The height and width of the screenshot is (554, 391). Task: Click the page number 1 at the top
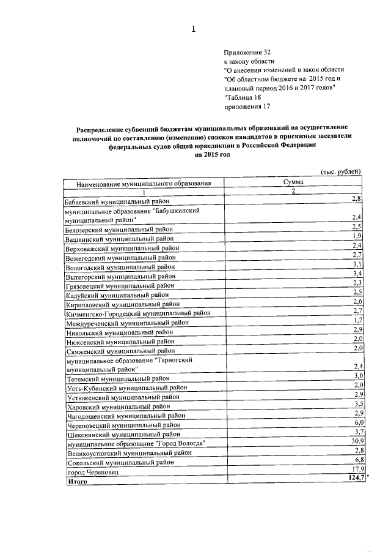[x=194, y=28]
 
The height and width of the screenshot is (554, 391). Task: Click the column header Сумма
[x=293, y=182]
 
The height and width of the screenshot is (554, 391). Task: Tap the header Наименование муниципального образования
[x=144, y=183]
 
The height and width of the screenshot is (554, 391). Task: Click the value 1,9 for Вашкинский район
[x=358, y=236]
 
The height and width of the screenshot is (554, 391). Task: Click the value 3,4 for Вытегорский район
[x=358, y=272]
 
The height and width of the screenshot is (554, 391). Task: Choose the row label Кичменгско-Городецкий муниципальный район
[x=138, y=313]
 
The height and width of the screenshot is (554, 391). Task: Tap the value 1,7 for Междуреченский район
[x=359, y=320]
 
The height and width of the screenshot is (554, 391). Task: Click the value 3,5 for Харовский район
[x=359, y=405]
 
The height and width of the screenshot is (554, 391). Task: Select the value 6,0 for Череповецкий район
[x=359, y=422]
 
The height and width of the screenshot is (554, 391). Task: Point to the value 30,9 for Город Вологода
[x=357, y=441]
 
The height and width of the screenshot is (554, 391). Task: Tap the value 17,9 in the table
[x=357, y=468]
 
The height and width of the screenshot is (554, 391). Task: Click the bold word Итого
[x=77, y=482]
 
